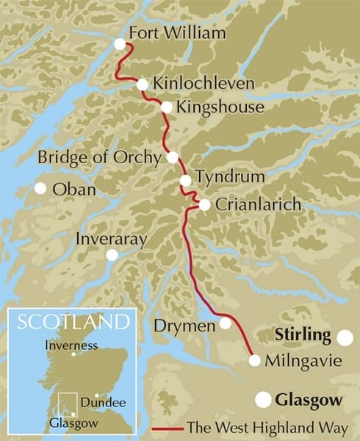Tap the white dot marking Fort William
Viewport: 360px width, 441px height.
click(120, 45)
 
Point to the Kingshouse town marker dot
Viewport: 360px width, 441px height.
click(167, 107)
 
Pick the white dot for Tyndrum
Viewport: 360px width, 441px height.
click(185, 180)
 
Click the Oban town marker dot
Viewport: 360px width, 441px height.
click(40, 188)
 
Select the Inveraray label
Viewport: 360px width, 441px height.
click(112, 239)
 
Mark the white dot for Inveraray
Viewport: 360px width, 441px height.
click(112, 255)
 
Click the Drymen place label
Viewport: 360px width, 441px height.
click(185, 324)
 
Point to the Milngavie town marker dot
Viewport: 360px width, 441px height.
click(254, 360)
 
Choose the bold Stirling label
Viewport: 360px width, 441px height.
click(303, 335)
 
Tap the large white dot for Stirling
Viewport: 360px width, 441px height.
click(344, 337)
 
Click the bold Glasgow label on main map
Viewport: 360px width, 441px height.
click(309, 401)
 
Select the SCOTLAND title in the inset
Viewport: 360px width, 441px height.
click(73, 322)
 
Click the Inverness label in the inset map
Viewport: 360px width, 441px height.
click(71, 345)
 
